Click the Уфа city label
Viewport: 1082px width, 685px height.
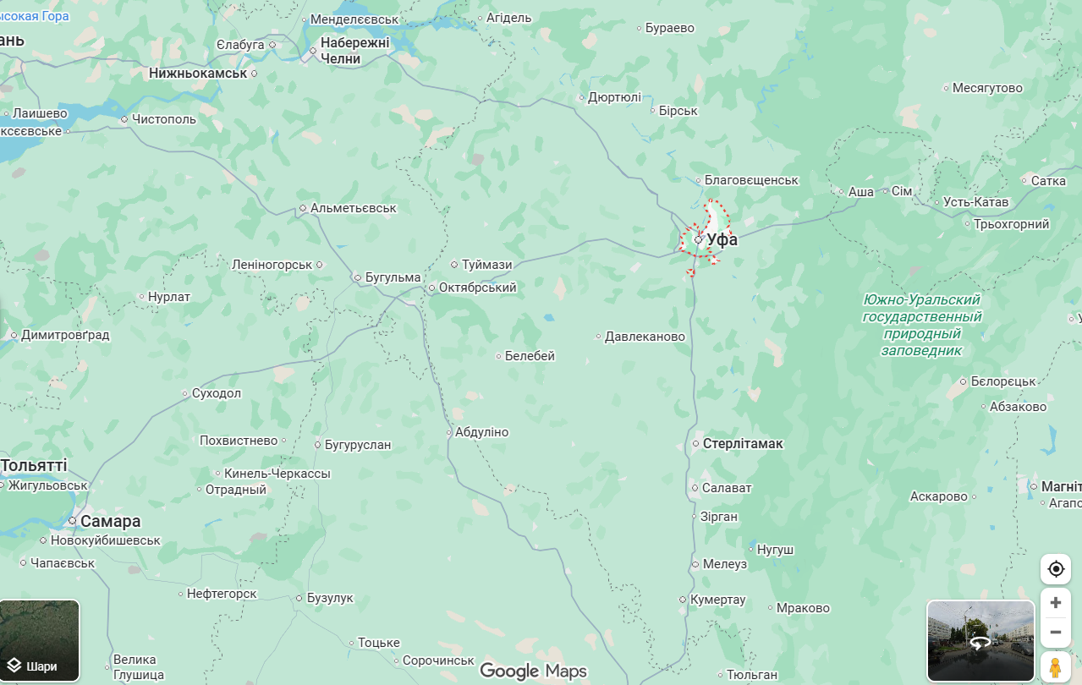point(722,239)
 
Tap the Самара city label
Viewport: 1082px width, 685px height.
point(110,521)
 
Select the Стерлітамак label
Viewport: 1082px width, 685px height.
point(743,443)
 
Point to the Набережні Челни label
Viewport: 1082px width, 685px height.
point(354,51)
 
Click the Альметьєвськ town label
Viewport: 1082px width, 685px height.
point(353,208)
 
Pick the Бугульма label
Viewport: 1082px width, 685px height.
point(393,277)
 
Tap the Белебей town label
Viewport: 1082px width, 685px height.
point(530,356)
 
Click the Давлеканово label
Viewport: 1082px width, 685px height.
point(645,337)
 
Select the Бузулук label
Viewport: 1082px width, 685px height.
point(330,598)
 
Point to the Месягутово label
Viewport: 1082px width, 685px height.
point(987,88)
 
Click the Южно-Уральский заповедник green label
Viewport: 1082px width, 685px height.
point(921,325)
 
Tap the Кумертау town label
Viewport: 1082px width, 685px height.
point(717,600)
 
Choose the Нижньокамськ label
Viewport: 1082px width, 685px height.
point(198,74)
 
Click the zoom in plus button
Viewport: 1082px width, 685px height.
point(1055,603)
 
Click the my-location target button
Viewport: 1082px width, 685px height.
point(1055,569)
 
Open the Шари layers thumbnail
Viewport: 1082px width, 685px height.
point(40,640)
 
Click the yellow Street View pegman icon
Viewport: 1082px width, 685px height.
point(1054,667)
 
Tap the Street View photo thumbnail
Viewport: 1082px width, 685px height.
point(980,640)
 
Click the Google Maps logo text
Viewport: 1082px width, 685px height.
point(533,671)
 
